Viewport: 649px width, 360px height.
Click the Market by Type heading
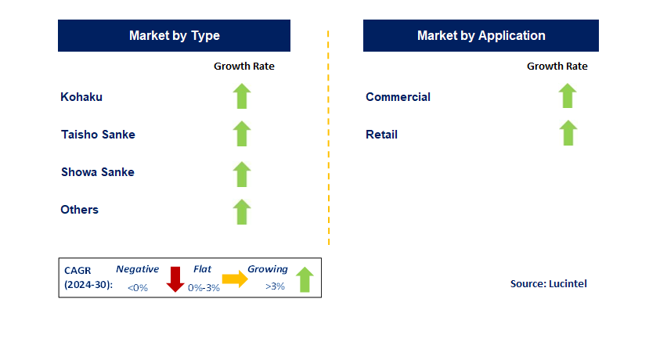(x=175, y=35)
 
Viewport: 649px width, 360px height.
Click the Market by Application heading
(x=481, y=35)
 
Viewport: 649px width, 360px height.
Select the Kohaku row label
(x=81, y=97)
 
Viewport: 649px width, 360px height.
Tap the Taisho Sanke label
(x=98, y=135)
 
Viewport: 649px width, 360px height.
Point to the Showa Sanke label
(x=98, y=172)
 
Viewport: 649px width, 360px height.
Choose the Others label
(x=80, y=210)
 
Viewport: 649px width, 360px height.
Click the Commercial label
(x=398, y=97)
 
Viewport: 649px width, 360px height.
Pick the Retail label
(x=381, y=135)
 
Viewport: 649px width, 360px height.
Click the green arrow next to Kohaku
(x=242, y=96)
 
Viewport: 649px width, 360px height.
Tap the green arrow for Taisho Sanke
(x=242, y=134)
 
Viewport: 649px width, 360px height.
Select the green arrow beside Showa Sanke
(x=242, y=175)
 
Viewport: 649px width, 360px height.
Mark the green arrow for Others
(x=242, y=212)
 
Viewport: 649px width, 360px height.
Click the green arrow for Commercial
(x=568, y=95)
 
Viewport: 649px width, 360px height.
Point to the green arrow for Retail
(x=568, y=133)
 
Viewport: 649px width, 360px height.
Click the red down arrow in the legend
(x=175, y=279)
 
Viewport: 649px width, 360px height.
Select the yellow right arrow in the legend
(x=235, y=279)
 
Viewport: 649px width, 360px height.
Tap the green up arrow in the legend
(x=305, y=279)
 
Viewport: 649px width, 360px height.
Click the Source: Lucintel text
(x=549, y=284)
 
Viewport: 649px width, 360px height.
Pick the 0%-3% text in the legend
(x=204, y=287)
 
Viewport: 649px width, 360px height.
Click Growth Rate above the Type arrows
(x=244, y=67)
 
